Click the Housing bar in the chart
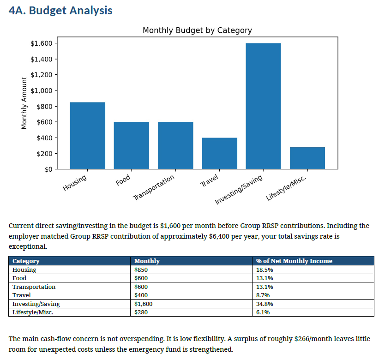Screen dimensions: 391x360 [88, 136]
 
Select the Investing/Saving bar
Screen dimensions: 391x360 [263, 106]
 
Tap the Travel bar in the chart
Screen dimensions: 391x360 [219, 154]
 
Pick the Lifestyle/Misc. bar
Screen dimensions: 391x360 [307, 158]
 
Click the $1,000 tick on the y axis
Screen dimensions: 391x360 [42, 90]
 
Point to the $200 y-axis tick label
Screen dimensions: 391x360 [45, 154]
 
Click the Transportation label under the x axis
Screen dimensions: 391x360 [154, 187]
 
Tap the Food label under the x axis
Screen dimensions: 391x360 [123, 180]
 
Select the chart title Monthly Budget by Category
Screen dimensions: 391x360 [197, 30]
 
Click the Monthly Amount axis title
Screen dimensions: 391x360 [24, 103]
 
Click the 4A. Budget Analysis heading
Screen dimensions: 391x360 [60, 11]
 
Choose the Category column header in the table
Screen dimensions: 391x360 [26, 261]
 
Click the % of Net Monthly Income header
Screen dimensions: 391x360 [294, 261]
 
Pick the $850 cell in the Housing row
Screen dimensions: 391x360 [141, 270]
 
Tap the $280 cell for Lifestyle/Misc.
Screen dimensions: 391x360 [141, 312]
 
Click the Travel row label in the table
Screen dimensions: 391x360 [22, 295]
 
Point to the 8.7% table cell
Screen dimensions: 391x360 [263, 295]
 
